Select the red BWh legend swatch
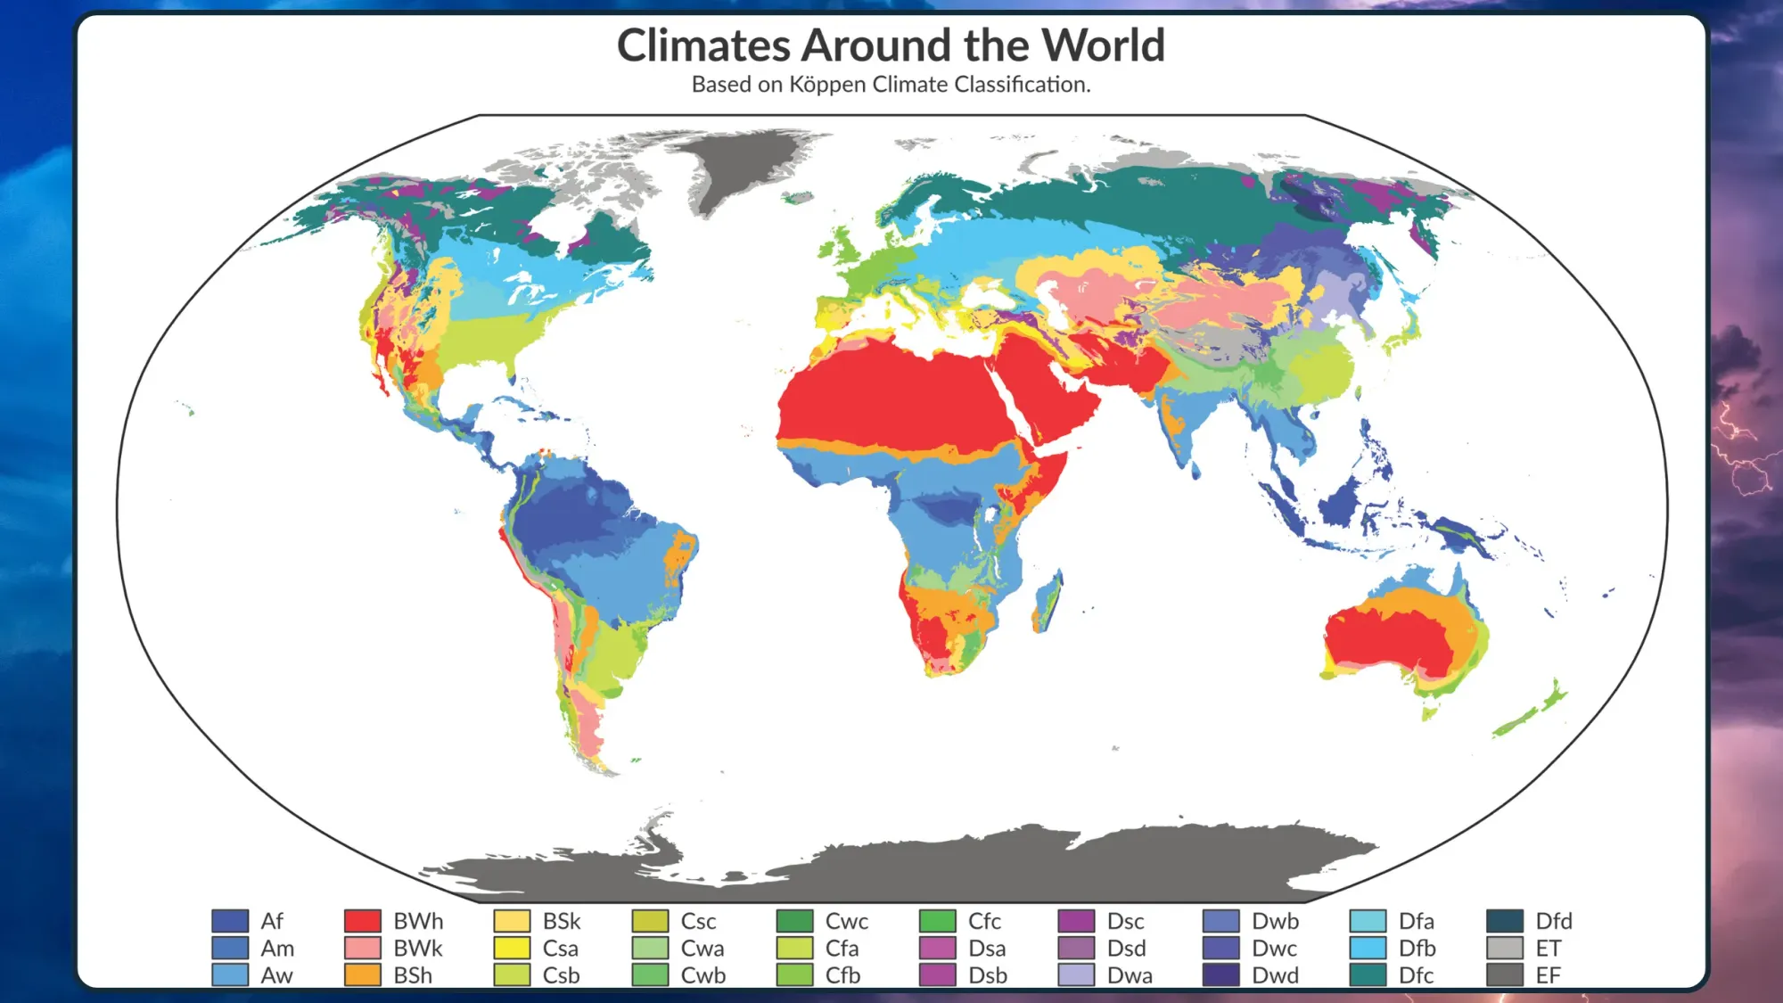[363, 920]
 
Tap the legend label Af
[271, 921]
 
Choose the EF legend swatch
[1504, 974]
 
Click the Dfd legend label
[1553, 921]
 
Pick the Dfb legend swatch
[1368, 948]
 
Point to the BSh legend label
[413, 975]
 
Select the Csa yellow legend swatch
[512, 948]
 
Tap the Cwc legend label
[846, 921]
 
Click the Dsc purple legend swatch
[1076, 920]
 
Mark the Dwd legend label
[1275, 975]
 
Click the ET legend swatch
[1504, 948]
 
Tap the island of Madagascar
[1048, 602]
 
